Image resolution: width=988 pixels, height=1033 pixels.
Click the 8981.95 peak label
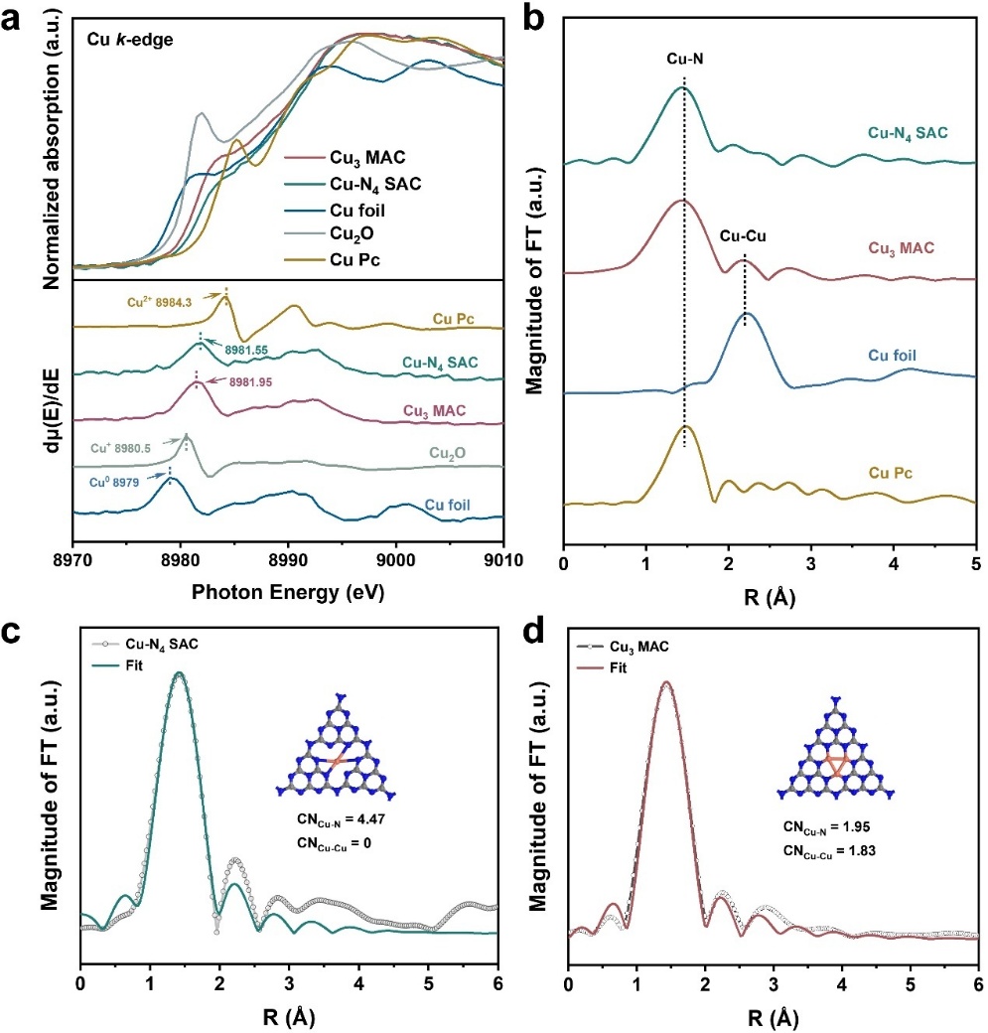pos(228,382)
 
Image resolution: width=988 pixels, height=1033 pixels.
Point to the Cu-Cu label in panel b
pos(745,238)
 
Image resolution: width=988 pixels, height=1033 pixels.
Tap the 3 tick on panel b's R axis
pos(811,560)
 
